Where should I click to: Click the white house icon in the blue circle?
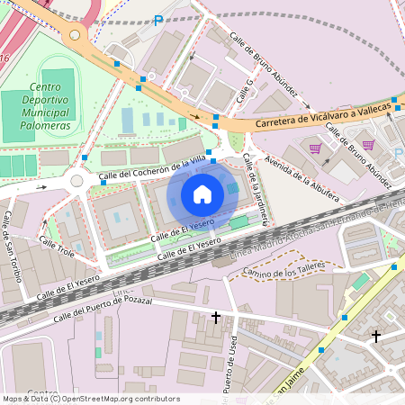202,193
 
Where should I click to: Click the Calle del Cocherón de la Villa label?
153,167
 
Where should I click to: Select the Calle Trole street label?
56,249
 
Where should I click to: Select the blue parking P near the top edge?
158,20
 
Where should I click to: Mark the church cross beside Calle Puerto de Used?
216,318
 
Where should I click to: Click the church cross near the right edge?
376,336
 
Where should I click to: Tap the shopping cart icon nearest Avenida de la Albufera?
315,148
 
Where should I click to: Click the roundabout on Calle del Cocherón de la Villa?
76,181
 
